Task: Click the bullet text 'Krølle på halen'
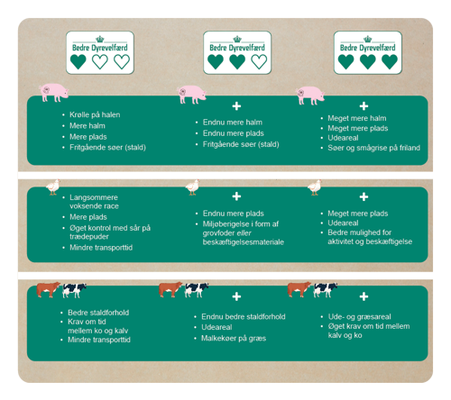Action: (x=95, y=114)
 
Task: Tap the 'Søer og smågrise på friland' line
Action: (x=373, y=148)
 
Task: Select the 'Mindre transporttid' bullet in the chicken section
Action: (x=101, y=248)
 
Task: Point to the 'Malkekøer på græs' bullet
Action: (x=234, y=339)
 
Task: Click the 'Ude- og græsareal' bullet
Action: (x=359, y=317)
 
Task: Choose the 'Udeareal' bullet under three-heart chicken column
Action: (x=343, y=223)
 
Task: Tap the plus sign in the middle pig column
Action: (x=236, y=106)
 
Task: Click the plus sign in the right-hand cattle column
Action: (x=364, y=296)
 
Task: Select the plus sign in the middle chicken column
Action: (x=236, y=196)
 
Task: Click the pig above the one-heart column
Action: (x=54, y=93)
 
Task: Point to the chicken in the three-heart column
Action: (x=315, y=187)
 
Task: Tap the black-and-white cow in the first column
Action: (x=74, y=290)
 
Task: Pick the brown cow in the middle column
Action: (x=170, y=289)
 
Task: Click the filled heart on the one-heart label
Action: (x=78, y=61)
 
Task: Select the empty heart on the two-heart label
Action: (x=259, y=61)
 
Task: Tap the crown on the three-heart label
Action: (x=368, y=39)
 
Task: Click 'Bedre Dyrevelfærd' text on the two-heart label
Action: (x=237, y=48)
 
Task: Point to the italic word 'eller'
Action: (x=244, y=233)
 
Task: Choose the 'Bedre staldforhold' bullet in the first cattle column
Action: (x=98, y=313)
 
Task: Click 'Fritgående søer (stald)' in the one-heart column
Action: (x=107, y=148)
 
